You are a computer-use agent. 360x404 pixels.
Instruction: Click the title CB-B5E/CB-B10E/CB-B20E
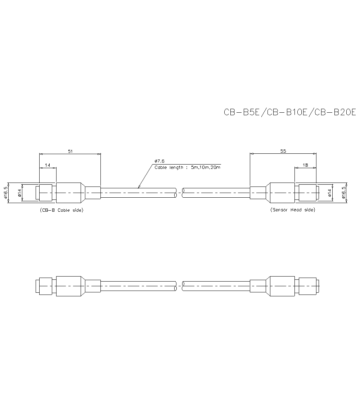click(289, 112)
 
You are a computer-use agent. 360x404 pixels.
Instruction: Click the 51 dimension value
click(70, 152)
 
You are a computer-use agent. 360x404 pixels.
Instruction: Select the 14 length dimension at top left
click(48, 165)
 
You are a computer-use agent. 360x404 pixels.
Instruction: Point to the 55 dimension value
click(283, 152)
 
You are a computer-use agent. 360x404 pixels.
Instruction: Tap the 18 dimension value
click(305, 165)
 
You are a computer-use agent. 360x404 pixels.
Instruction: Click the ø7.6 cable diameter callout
click(159, 161)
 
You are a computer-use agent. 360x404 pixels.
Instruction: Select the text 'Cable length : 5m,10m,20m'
click(187, 167)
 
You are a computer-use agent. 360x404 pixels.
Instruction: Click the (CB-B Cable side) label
click(61, 210)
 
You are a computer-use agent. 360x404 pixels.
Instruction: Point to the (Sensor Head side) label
click(292, 210)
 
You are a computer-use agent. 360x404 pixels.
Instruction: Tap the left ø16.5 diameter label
click(6, 193)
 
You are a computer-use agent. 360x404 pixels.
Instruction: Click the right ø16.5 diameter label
click(344, 193)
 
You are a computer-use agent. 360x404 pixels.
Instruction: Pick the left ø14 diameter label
click(20, 193)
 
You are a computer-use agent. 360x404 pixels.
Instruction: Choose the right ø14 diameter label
click(329, 193)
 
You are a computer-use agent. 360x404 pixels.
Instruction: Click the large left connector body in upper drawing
click(68, 193)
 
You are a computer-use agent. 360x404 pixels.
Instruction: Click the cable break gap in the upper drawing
click(179, 193)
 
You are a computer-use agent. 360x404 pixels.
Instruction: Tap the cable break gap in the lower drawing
click(179, 286)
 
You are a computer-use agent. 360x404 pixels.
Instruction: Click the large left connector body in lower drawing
click(68, 286)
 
